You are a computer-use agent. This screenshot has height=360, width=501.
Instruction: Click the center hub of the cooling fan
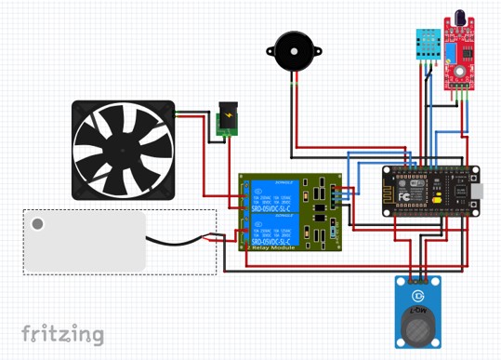pyautogui.click(x=124, y=150)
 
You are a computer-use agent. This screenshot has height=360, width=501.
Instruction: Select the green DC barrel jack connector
pyautogui.click(x=226, y=121)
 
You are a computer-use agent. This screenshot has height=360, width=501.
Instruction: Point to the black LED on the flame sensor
pyautogui.click(x=459, y=19)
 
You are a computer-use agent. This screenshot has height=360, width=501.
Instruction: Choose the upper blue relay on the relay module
pyautogui.click(x=272, y=196)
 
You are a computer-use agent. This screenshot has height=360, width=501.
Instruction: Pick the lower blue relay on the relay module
pyautogui.click(x=272, y=230)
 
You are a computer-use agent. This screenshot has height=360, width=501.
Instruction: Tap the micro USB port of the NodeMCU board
pyautogui.click(x=476, y=192)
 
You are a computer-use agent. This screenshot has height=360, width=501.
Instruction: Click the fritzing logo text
pyautogui.click(x=62, y=333)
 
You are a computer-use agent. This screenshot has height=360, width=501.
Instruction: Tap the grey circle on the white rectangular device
pyautogui.click(x=38, y=224)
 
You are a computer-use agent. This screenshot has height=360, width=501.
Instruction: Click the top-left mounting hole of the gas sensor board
pyautogui.click(x=400, y=282)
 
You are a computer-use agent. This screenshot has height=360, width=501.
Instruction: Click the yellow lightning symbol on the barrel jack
pyautogui.click(x=226, y=118)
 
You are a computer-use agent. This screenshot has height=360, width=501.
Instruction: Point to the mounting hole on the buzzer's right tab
pyautogui.click(x=317, y=52)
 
